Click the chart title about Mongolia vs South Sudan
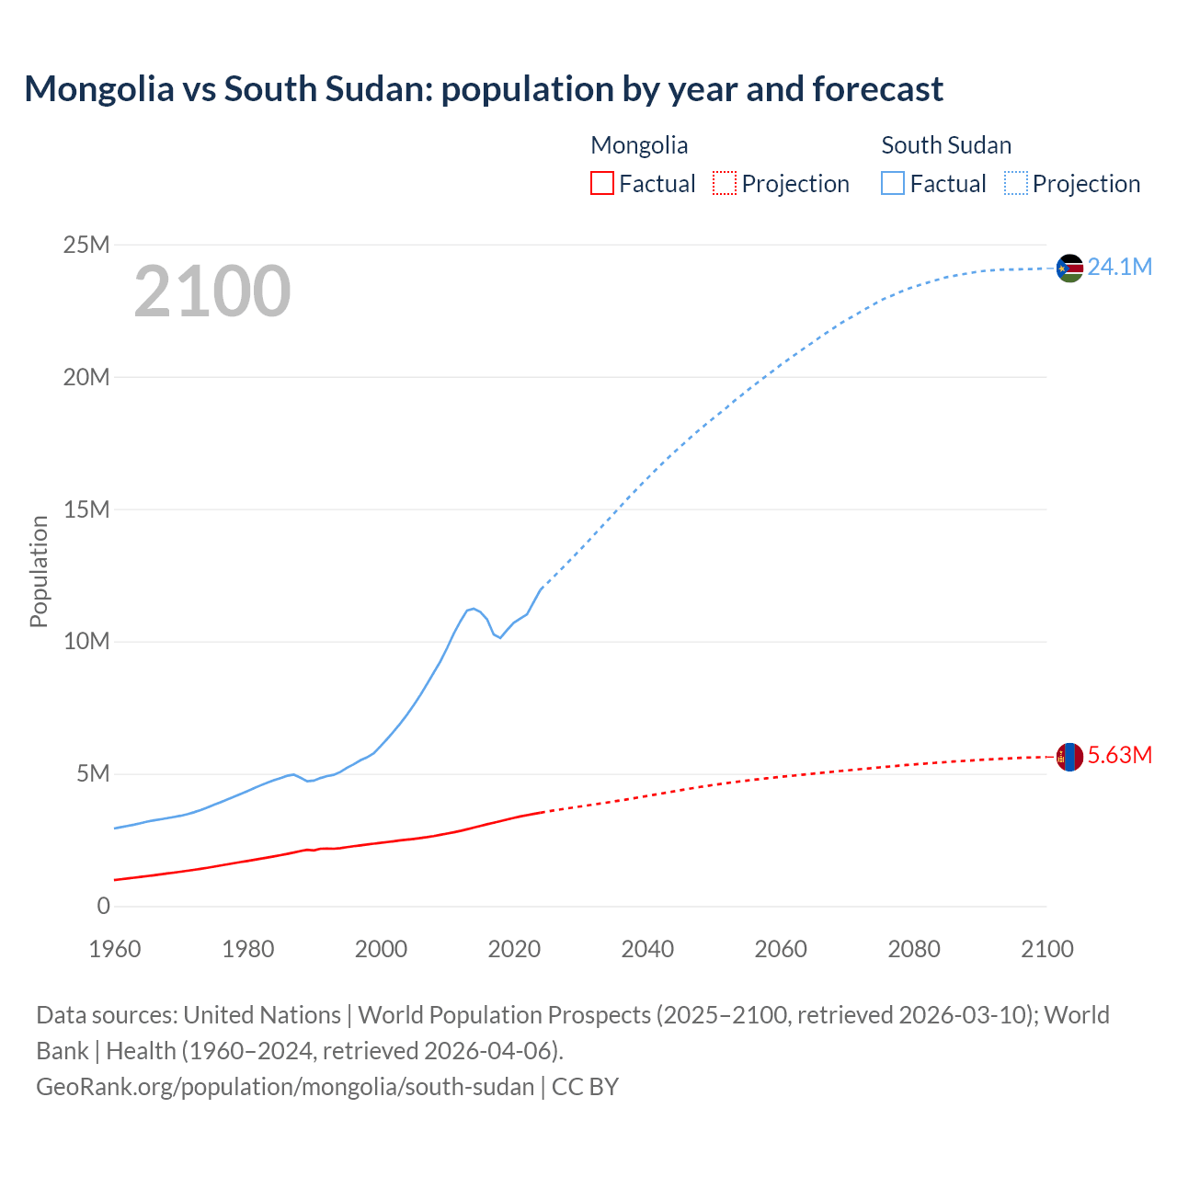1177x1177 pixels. (484, 89)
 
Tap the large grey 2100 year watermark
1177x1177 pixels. (212, 291)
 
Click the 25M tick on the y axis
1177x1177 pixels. (86, 245)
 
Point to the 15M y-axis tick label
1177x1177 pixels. (86, 509)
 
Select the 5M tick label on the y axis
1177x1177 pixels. (92, 773)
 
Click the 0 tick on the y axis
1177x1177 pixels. (103, 906)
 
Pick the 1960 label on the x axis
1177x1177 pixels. (115, 949)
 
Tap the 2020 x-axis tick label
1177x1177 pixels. (514, 949)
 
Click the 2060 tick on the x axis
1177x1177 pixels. (781, 949)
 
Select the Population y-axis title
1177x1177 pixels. (39, 571)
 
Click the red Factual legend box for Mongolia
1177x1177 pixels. (602, 183)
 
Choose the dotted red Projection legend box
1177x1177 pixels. (725, 183)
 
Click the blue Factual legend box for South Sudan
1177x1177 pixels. (893, 183)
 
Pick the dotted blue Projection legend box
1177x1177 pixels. (1015, 183)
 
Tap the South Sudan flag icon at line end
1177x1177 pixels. (1069, 268)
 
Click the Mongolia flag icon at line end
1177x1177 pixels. (1069, 757)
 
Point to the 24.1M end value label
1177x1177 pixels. (1120, 267)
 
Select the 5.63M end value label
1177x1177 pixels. (1120, 755)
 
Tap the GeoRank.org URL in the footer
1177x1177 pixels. (285, 1086)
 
